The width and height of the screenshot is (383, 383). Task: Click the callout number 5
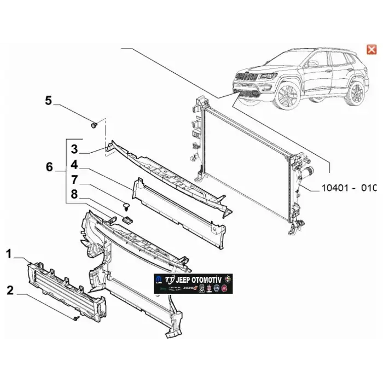coord(48,100)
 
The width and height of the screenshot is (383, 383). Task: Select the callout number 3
coord(74,149)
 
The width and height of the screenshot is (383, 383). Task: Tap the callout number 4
coord(74,164)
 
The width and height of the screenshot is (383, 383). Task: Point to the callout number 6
coord(49,167)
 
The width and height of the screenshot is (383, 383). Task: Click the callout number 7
coord(74,179)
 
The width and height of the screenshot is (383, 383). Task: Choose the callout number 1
coord(9,253)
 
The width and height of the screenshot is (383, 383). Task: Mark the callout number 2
coord(9,290)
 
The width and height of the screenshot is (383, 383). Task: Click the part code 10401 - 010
coord(349,188)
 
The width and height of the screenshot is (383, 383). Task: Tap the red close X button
coord(372,50)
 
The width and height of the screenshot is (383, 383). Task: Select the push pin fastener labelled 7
coord(125,206)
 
